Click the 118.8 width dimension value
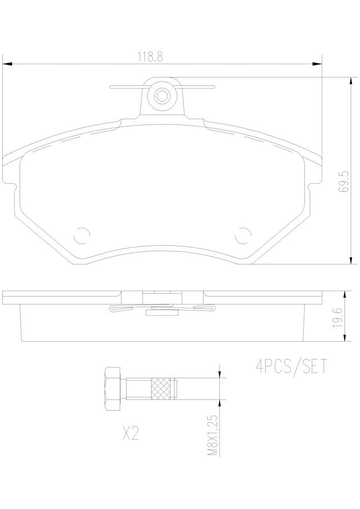[149, 57]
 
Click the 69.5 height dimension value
[344, 181]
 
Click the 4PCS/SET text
[290, 366]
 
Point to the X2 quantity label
[131, 434]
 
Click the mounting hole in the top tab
[162, 95]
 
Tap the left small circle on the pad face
[81, 235]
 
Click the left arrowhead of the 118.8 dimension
[7, 64]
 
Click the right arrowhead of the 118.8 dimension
[318, 64]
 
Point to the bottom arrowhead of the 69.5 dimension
[350, 260]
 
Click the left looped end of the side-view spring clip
[114, 308]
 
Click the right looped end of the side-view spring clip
[211, 308]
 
